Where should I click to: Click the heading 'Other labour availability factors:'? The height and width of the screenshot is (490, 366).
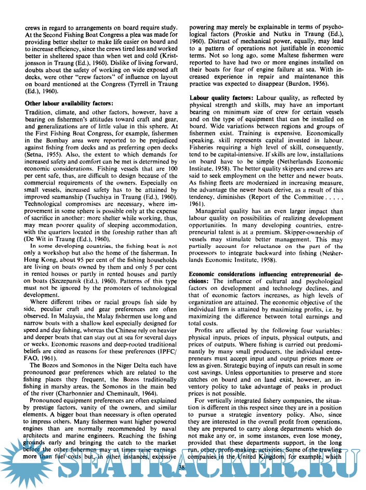tap(69, 103)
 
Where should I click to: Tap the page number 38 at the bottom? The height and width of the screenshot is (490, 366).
tap(181, 469)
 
